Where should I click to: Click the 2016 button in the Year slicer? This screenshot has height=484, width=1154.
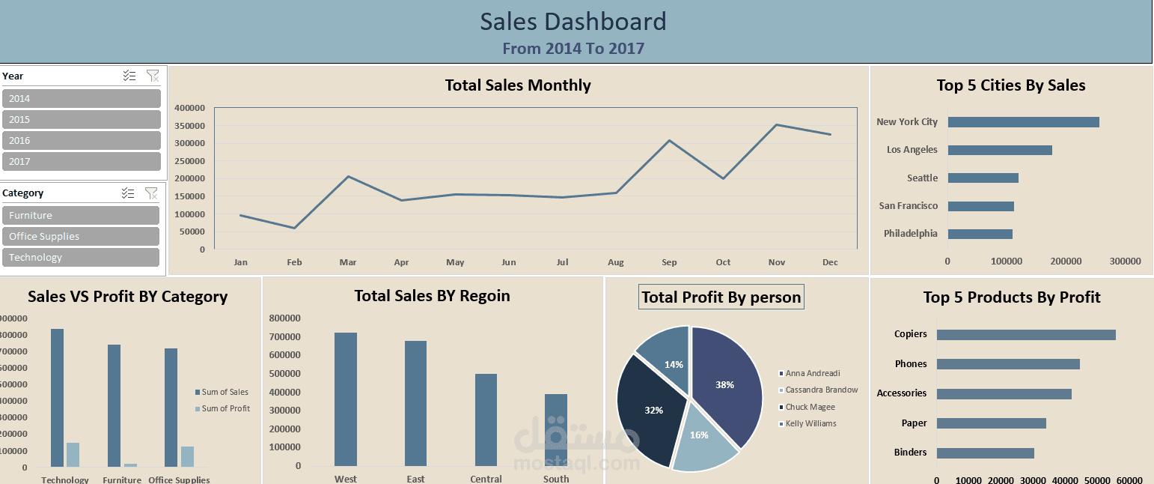(x=81, y=140)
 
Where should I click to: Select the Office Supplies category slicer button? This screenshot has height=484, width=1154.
(x=81, y=236)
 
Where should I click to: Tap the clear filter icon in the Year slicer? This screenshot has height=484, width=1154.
(x=153, y=76)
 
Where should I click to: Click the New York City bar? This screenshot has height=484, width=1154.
(x=1023, y=122)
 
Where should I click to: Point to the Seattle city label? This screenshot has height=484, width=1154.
(x=922, y=178)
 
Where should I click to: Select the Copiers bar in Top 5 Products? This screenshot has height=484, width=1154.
(x=1025, y=335)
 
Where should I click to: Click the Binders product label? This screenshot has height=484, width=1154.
(x=910, y=453)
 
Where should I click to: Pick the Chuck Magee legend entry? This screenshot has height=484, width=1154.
(x=810, y=407)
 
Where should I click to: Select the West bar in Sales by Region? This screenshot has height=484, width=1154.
(x=346, y=399)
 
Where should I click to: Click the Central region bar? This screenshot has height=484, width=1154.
(x=486, y=420)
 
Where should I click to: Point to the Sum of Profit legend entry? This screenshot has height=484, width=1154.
(x=225, y=408)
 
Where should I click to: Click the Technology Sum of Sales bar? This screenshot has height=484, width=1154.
(x=58, y=397)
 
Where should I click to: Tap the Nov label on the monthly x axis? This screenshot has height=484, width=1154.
(x=777, y=262)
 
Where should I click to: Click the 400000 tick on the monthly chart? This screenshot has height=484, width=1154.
(x=189, y=108)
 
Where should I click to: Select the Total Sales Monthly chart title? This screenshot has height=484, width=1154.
(x=518, y=85)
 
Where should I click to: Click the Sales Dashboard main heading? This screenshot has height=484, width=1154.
(x=573, y=22)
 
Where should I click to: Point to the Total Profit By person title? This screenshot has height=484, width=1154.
(x=721, y=297)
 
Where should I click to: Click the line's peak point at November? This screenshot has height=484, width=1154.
(x=777, y=125)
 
